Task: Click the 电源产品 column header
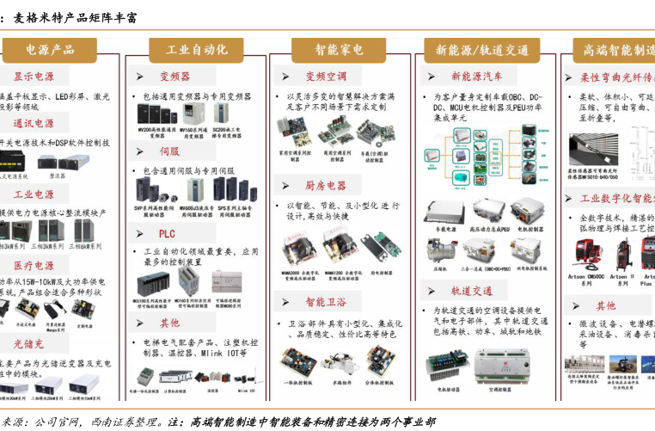[x=54, y=50]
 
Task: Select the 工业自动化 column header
[x=197, y=50]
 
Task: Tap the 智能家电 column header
[x=339, y=50]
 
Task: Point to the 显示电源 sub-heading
[x=34, y=77]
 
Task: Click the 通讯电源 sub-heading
[x=34, y=124]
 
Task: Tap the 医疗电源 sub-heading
[x=34, y=266]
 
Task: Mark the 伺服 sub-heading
[x=169, y=151]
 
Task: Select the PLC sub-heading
[x=167, y=233]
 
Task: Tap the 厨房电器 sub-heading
[x=325, y=186]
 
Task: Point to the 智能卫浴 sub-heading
[x=326, y=302]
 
